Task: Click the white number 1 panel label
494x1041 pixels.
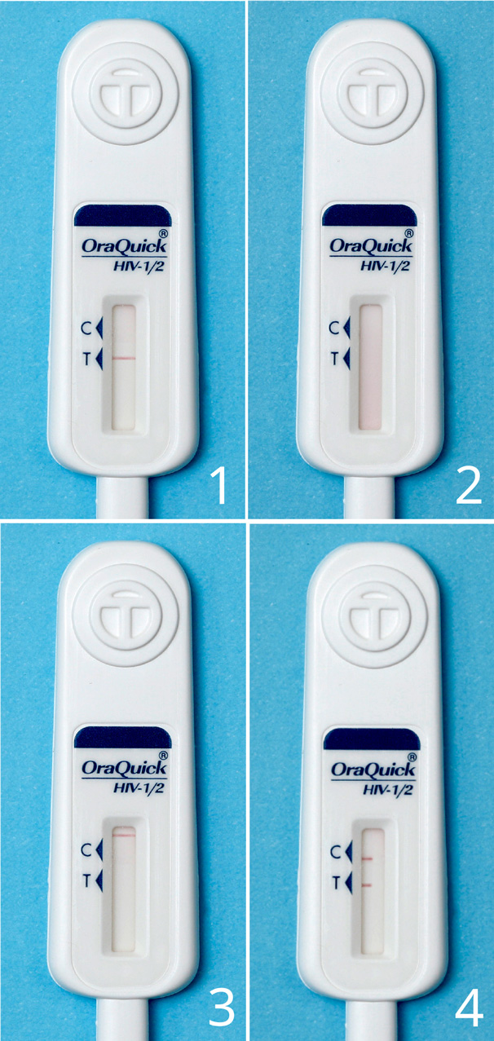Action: [219, 486]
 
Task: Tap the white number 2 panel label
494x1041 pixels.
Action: [469, 486]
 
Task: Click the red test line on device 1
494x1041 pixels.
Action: [124, 359]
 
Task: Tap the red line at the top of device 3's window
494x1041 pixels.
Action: [124, 836]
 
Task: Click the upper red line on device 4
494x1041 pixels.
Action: [367, 859]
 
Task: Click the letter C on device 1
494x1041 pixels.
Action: [86, 329]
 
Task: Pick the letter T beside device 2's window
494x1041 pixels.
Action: [334, 359]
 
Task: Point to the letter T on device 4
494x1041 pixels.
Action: [336, 883]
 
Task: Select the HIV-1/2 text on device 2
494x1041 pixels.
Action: [386, 267]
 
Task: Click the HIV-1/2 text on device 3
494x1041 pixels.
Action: [139, 788]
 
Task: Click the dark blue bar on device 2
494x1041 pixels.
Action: [369, 215]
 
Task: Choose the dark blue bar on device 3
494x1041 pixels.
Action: [123, 738]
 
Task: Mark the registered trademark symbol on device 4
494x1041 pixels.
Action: [412, 757]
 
